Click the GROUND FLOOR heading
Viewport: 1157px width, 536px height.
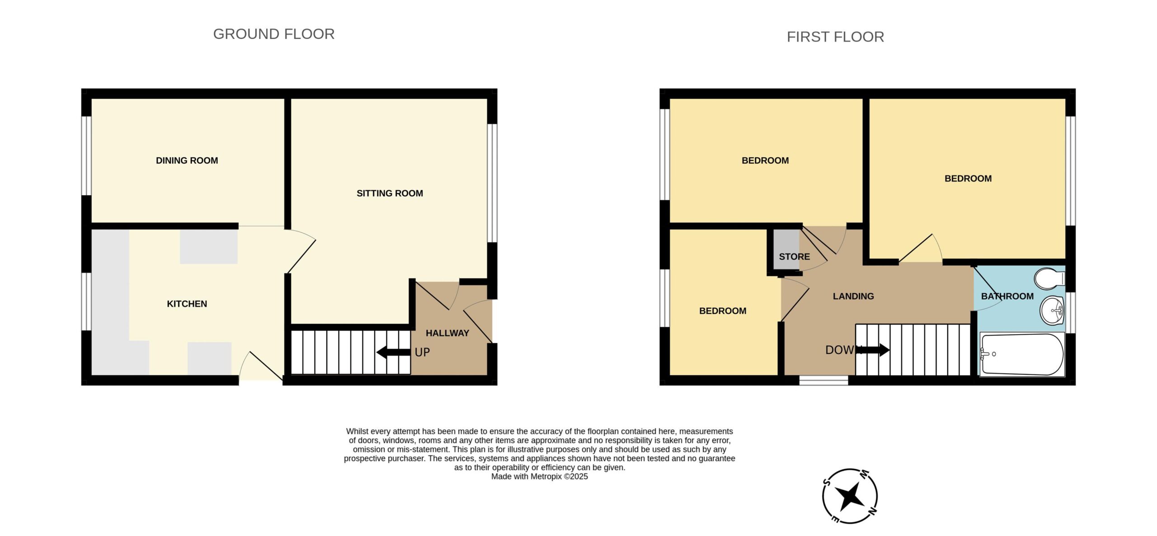(274, 34)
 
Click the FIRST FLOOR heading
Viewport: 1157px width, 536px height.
(835, 37)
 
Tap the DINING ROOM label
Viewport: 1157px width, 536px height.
(187, 160)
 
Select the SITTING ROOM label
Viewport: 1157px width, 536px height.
(390, 193)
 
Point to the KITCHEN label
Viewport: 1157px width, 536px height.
(187, 304)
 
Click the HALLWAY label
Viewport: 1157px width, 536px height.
(447, 333)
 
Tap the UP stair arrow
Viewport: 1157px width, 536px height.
(394, 352)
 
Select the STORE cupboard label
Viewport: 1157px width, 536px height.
(794, 257)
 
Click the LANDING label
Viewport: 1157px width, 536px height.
(853, 296)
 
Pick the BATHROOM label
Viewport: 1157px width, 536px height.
(1007, 296)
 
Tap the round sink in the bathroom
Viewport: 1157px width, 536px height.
(1053, 310)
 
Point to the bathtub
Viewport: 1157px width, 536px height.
(1022, 355)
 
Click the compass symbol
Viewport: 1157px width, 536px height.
(850, 496)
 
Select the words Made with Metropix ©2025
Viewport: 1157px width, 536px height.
(540, 476)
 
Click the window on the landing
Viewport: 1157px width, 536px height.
(823, 381)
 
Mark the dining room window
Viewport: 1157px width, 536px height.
(86, 156)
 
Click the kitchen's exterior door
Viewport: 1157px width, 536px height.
(261, 366)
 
